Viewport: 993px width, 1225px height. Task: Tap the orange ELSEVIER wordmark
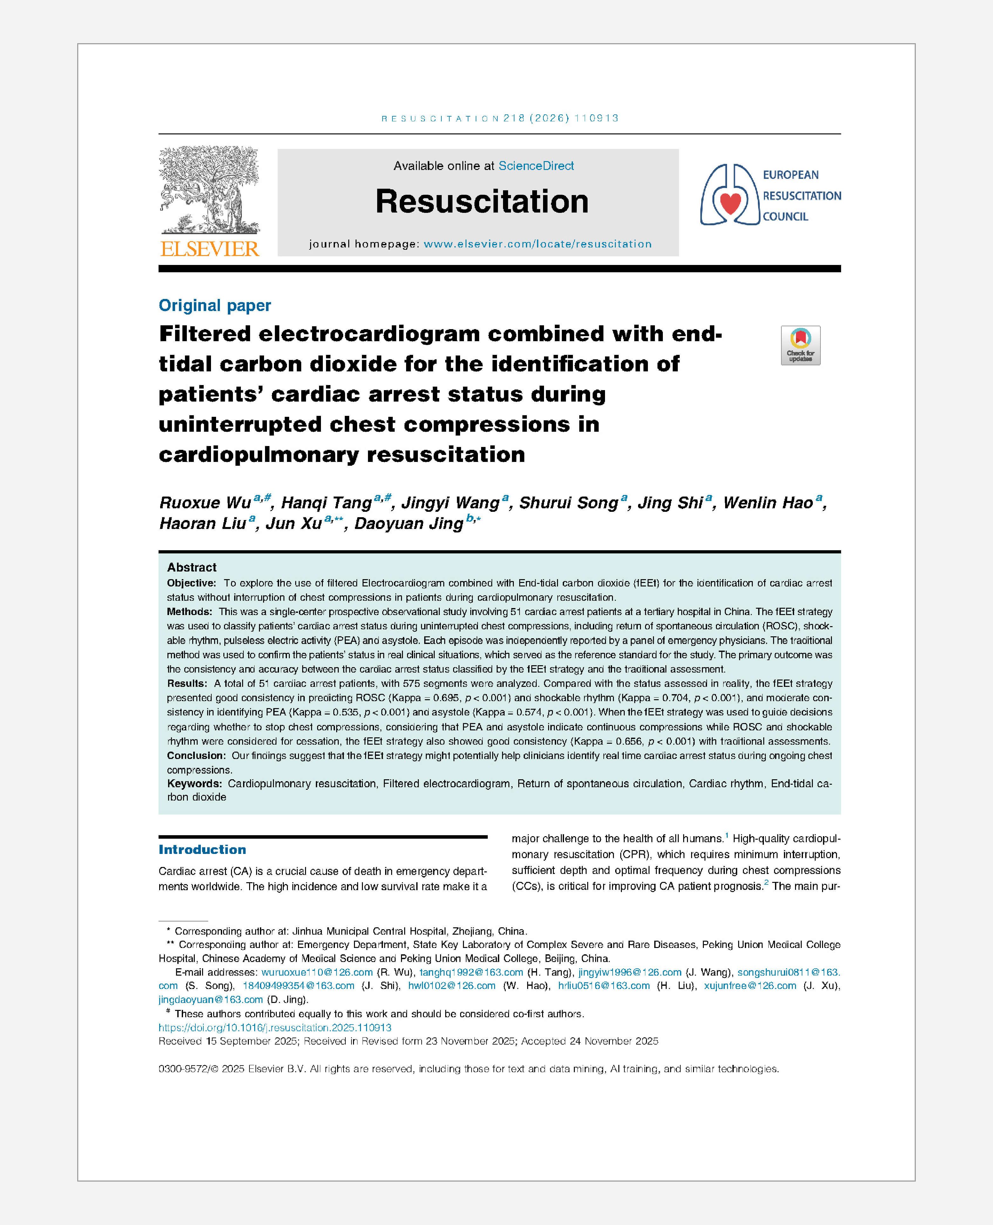209,249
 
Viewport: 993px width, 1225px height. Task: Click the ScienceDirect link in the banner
536,166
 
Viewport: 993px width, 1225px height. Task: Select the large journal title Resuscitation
482,201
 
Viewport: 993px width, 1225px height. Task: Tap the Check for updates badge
800,345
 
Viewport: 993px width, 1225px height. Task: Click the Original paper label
214,305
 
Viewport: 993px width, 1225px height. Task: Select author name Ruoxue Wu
205,503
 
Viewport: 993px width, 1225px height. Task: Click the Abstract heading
192,567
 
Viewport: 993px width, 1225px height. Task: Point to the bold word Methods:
189,611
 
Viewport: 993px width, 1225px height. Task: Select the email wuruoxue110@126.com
317,972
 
